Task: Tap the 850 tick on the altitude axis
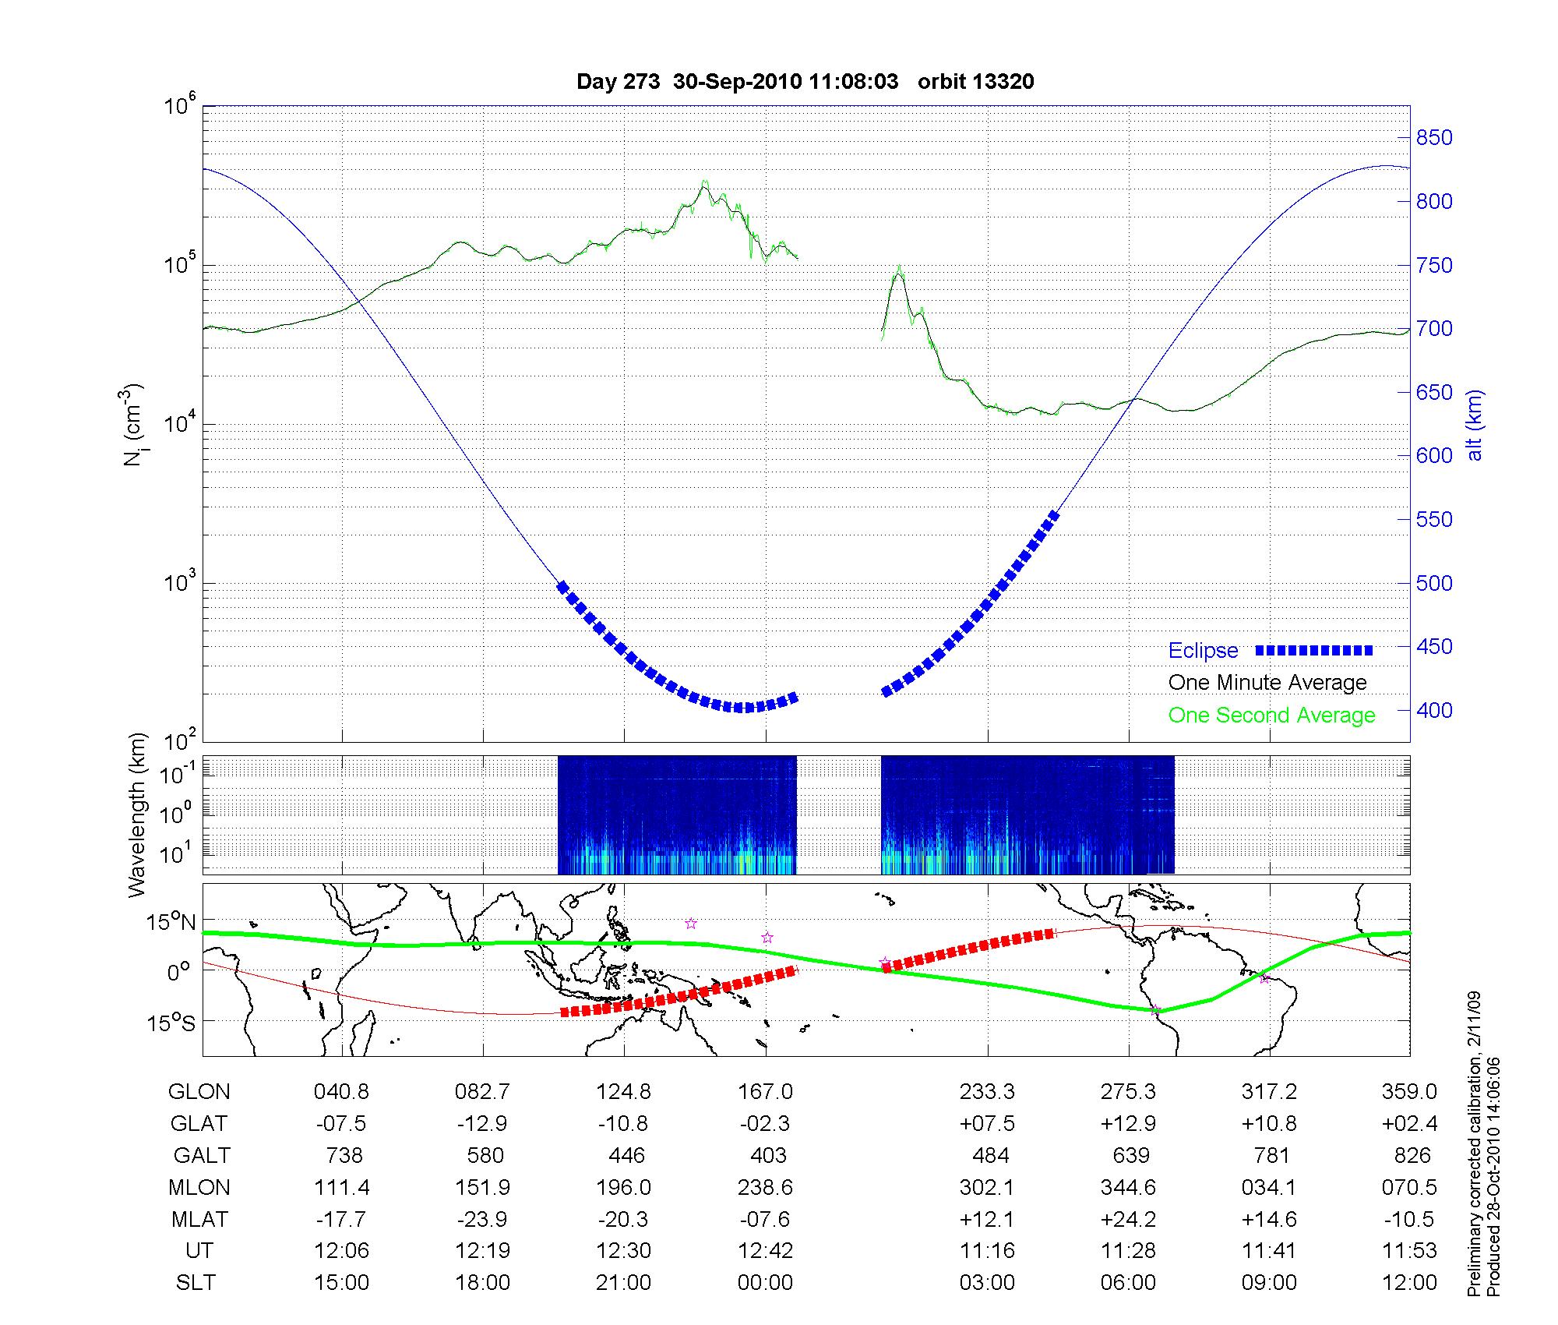[1433, 138]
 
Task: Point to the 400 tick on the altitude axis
[1433, 710]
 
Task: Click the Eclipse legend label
[1203, 651]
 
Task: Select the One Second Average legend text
[1271, 715]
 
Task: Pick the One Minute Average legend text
[1267, 683]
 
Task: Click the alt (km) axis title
[1475, 425]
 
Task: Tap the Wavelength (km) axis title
[138, 815]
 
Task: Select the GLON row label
[199, 1092]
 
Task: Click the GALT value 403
[767, 1155]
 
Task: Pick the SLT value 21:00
[623, 1282]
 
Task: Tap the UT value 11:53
[1410, 1250]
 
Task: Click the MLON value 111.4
[341, 1187]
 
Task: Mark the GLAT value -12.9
[483, 1124]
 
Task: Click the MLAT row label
[199, 1219]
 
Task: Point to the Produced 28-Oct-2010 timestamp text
[1493, 1177]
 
